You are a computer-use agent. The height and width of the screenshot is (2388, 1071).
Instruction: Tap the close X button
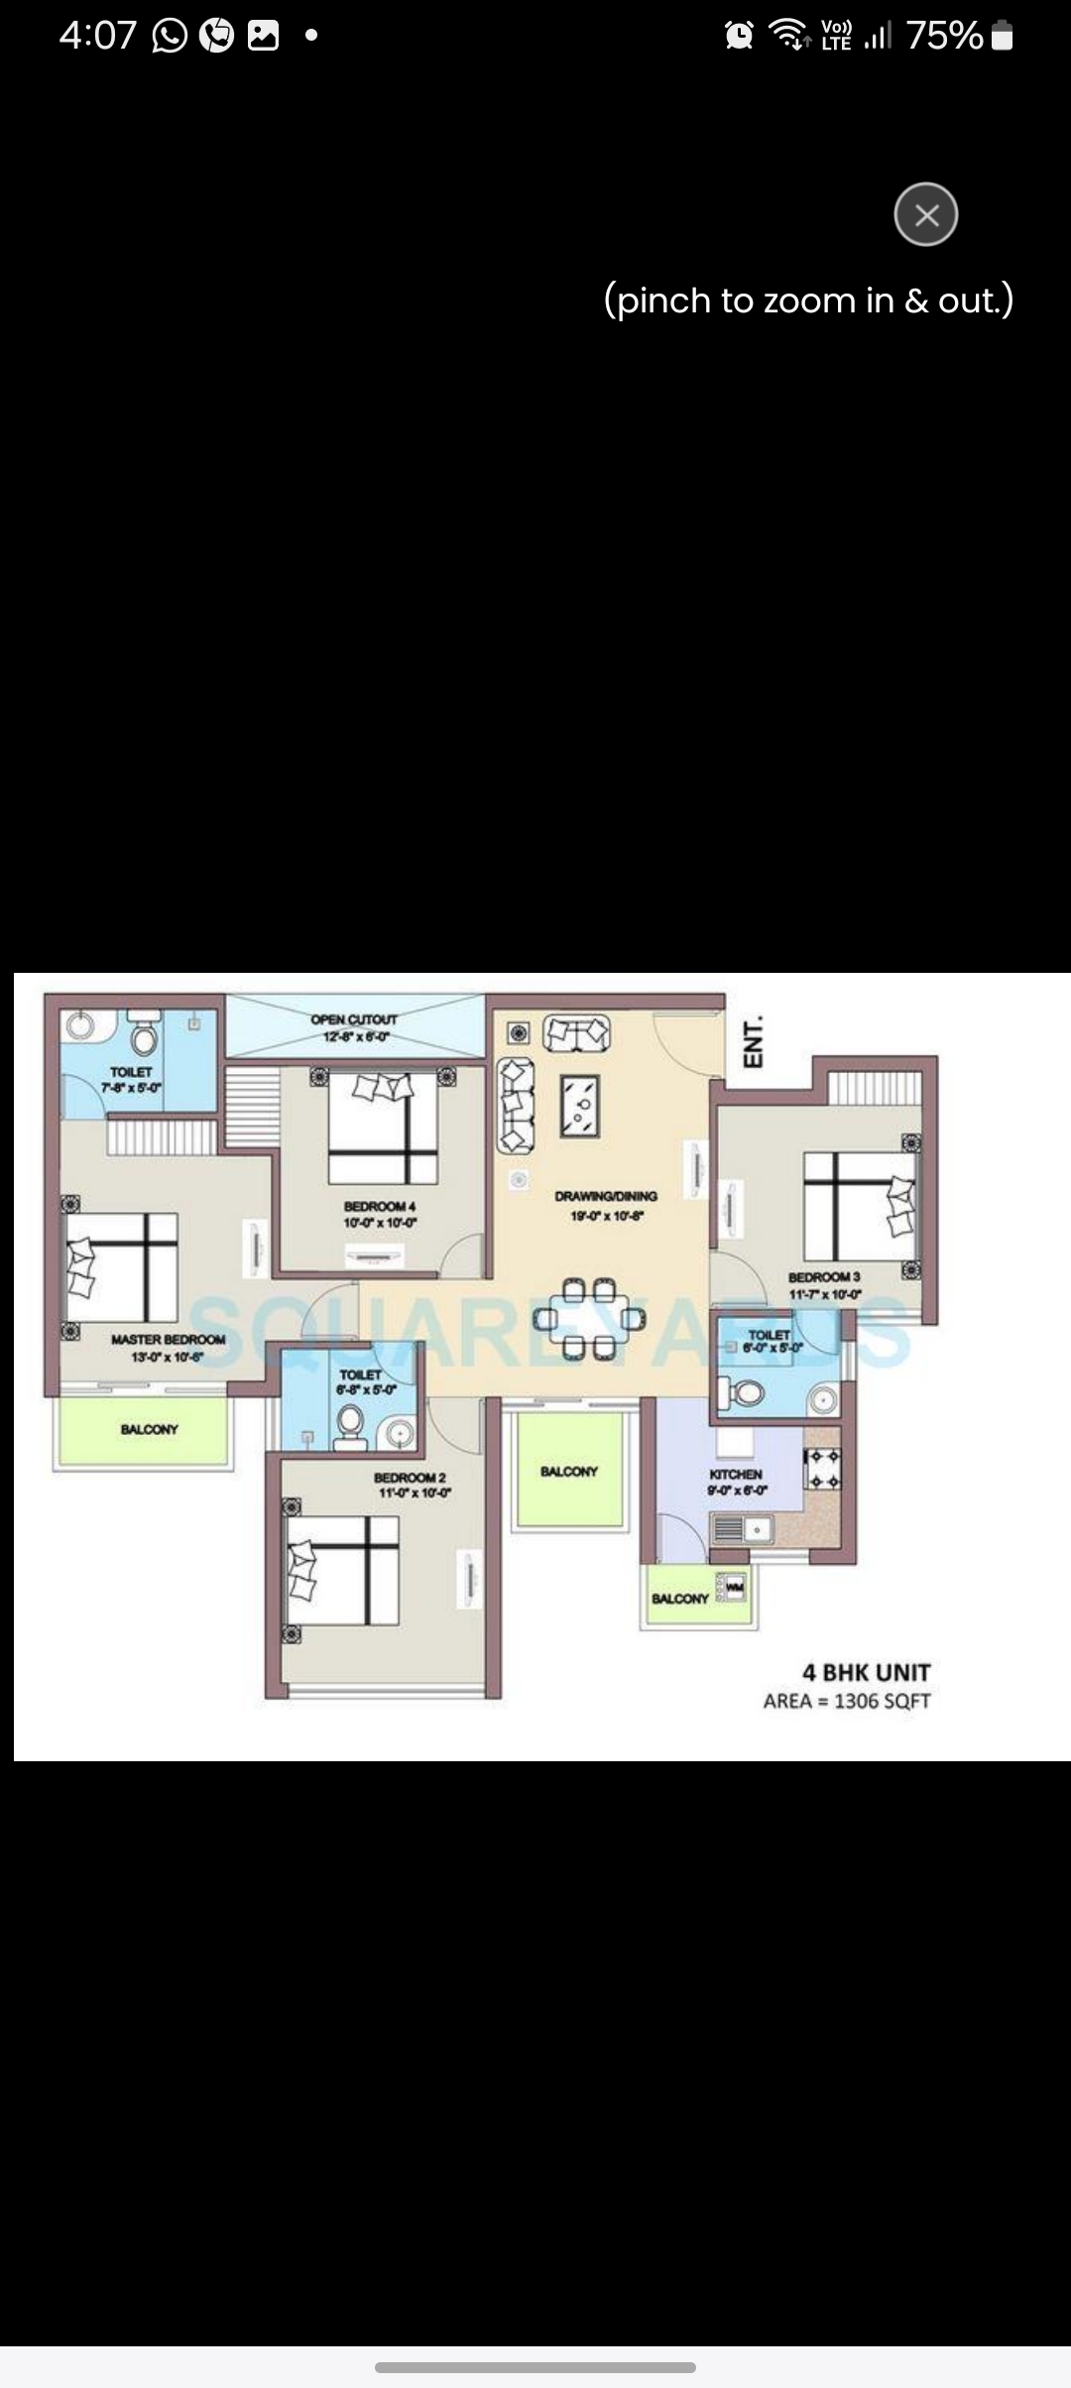(x=925, y=214)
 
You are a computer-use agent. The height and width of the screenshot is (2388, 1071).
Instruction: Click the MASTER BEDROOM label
(x=168, y=1340)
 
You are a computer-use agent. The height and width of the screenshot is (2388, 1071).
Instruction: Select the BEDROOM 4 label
(x=380, y=1206)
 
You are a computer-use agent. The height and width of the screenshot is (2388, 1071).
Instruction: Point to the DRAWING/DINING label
(x=606, y=1196)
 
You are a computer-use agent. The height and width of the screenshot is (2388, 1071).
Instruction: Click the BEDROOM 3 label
(x=824, y=1277)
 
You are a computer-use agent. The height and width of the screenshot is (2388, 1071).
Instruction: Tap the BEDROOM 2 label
(x=410, y=1478)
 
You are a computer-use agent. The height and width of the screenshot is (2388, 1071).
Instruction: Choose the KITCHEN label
(x=736, y=1475)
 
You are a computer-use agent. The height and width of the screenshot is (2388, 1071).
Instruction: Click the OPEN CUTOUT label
(x=354, y=1019)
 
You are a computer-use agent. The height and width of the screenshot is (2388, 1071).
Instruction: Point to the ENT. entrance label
(x=754, y=1041)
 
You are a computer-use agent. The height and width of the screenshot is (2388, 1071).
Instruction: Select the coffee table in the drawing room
(x=578, y=1105)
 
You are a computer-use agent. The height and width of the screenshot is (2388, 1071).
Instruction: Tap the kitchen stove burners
(x=822, y=1470)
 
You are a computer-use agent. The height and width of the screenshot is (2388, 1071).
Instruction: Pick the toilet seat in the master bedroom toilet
(x=145, y=1037)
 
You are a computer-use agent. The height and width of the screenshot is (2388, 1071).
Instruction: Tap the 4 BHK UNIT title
(x=866, y=1673)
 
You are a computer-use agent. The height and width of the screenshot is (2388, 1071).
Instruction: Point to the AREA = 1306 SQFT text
(x=847, y=1702)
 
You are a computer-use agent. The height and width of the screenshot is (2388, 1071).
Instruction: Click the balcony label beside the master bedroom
(x=149, y=1429)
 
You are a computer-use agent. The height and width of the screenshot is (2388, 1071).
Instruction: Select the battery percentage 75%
(x=944, y=37)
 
